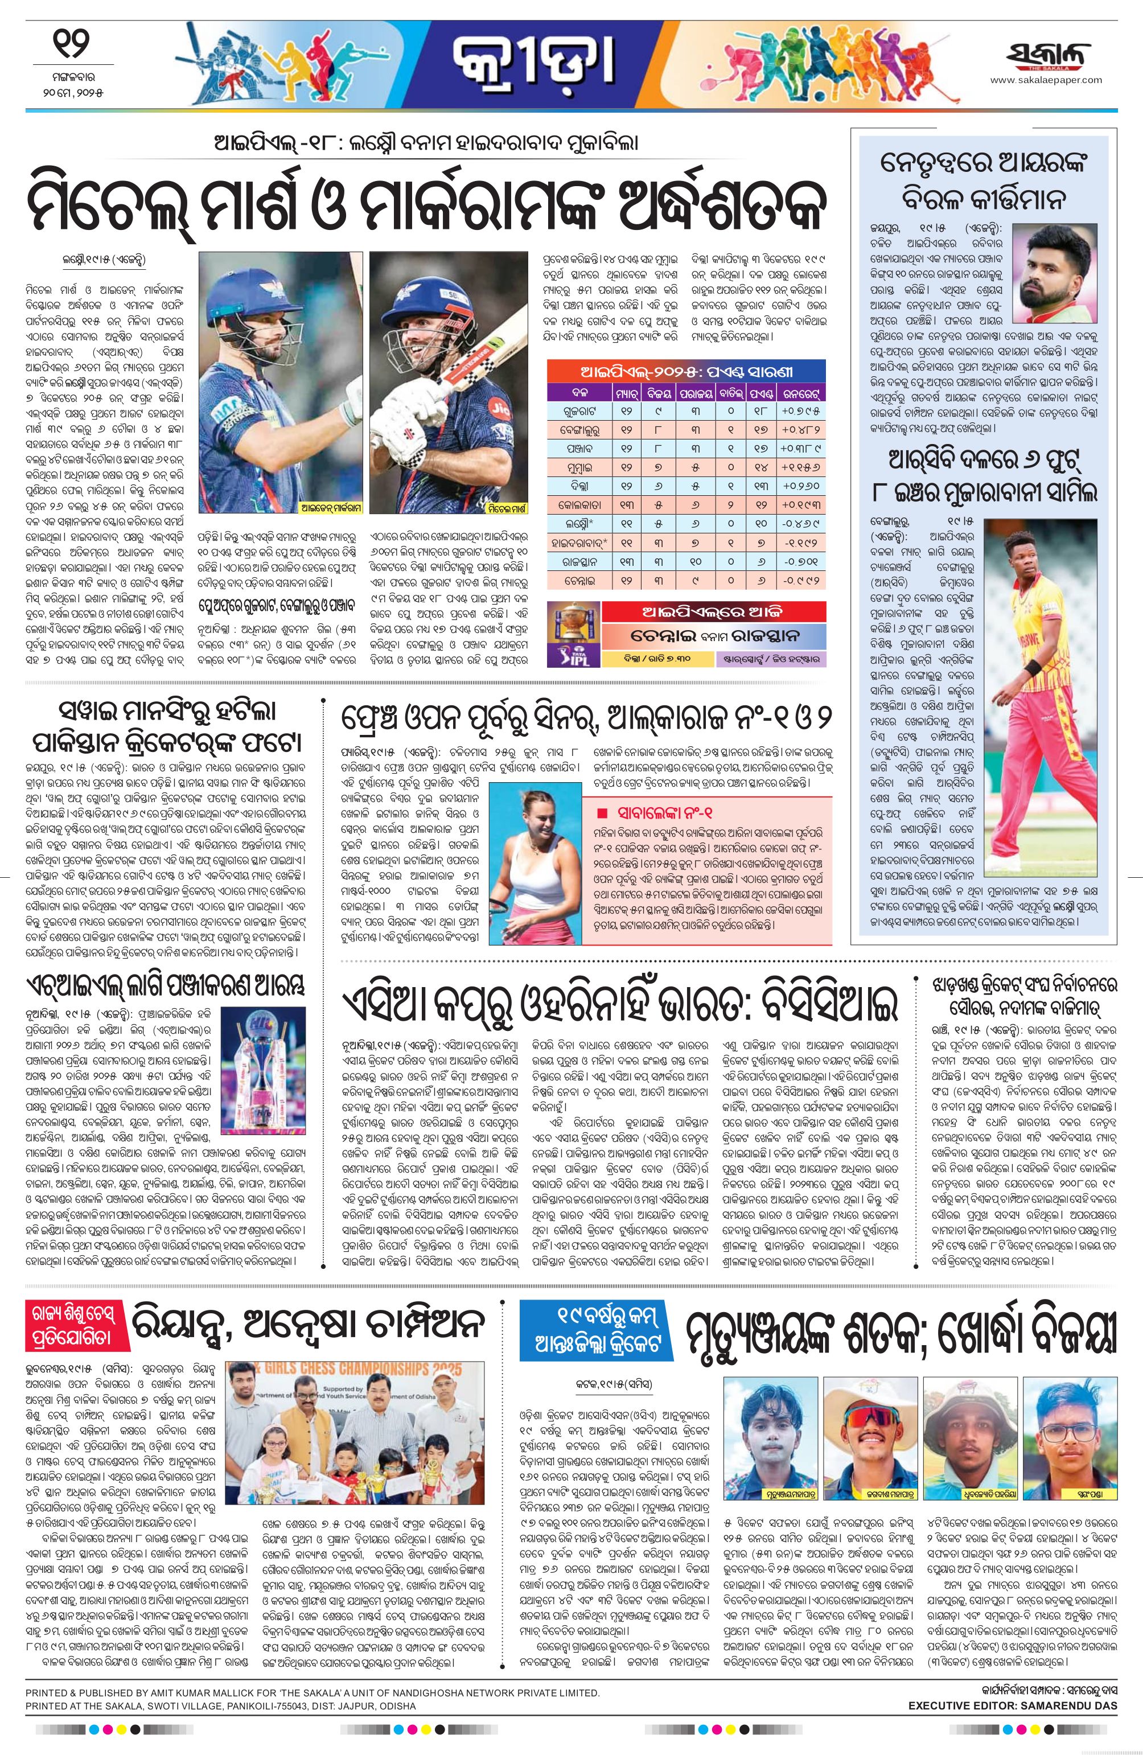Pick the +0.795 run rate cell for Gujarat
801,409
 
